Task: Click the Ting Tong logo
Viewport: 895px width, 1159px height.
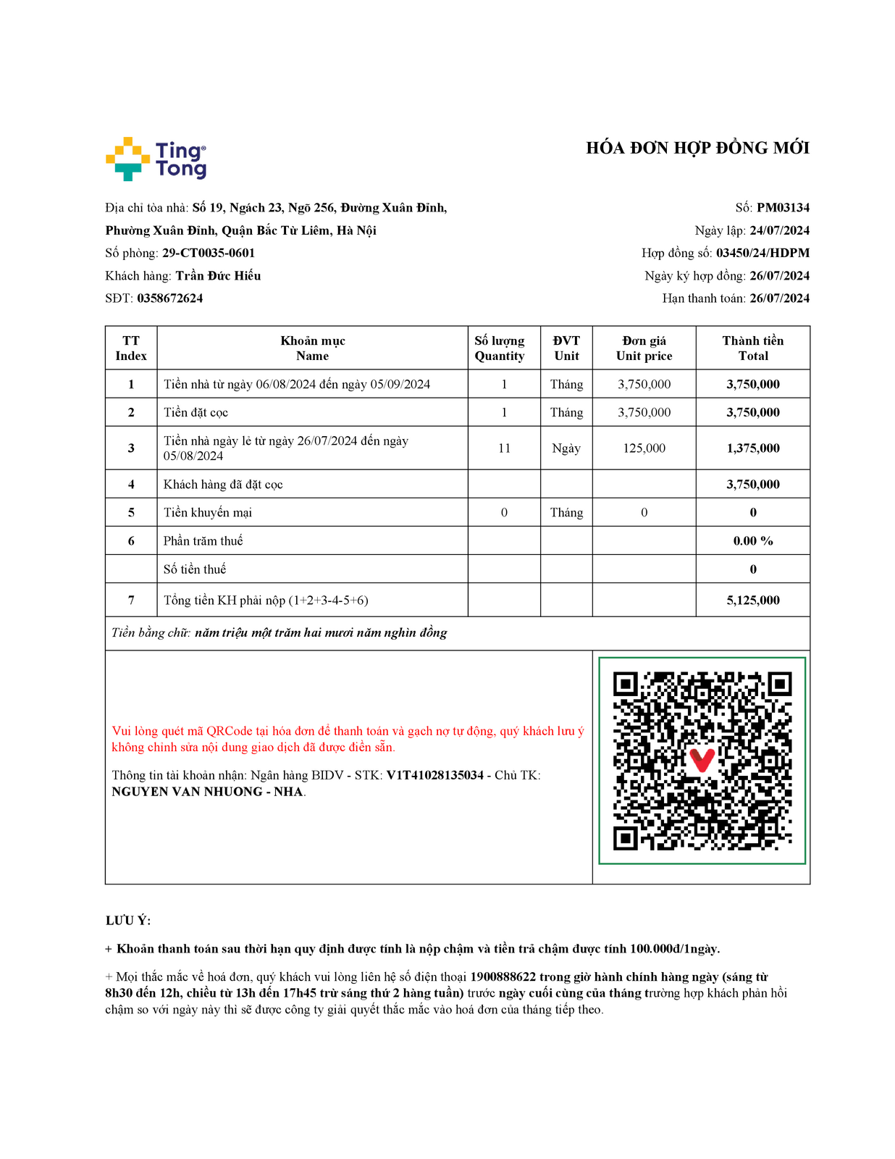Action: pos(156,159)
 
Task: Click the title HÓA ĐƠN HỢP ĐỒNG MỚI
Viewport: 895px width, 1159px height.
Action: pos(697,148)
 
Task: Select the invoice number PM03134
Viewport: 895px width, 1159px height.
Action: pos(783,208)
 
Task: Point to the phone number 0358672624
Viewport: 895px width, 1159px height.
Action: pos(170,298)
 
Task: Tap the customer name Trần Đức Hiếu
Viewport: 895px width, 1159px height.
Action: pos(218,276)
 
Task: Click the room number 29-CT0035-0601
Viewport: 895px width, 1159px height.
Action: pos(209,254)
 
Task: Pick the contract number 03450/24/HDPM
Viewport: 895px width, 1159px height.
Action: pos(762,254)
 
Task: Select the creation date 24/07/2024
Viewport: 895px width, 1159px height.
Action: pos(779,231)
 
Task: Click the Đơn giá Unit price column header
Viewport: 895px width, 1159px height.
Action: pos(644,348)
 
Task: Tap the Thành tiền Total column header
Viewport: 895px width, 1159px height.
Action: pos(752,348)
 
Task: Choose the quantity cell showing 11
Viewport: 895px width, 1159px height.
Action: pos(504,448)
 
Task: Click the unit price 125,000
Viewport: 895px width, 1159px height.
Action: pos(644,448)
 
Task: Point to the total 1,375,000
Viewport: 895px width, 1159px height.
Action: pos(753,448)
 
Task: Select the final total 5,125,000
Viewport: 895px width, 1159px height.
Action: pos(753,601)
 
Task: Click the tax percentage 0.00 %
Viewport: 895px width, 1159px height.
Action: pos(753,541)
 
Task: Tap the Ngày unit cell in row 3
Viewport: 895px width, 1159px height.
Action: pos(566,448)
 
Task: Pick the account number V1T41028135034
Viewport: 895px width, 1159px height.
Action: pos(434,776)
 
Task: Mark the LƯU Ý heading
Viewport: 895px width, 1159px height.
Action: pos(128,921)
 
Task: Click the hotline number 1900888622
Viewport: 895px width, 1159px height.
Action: pos(503,977)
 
